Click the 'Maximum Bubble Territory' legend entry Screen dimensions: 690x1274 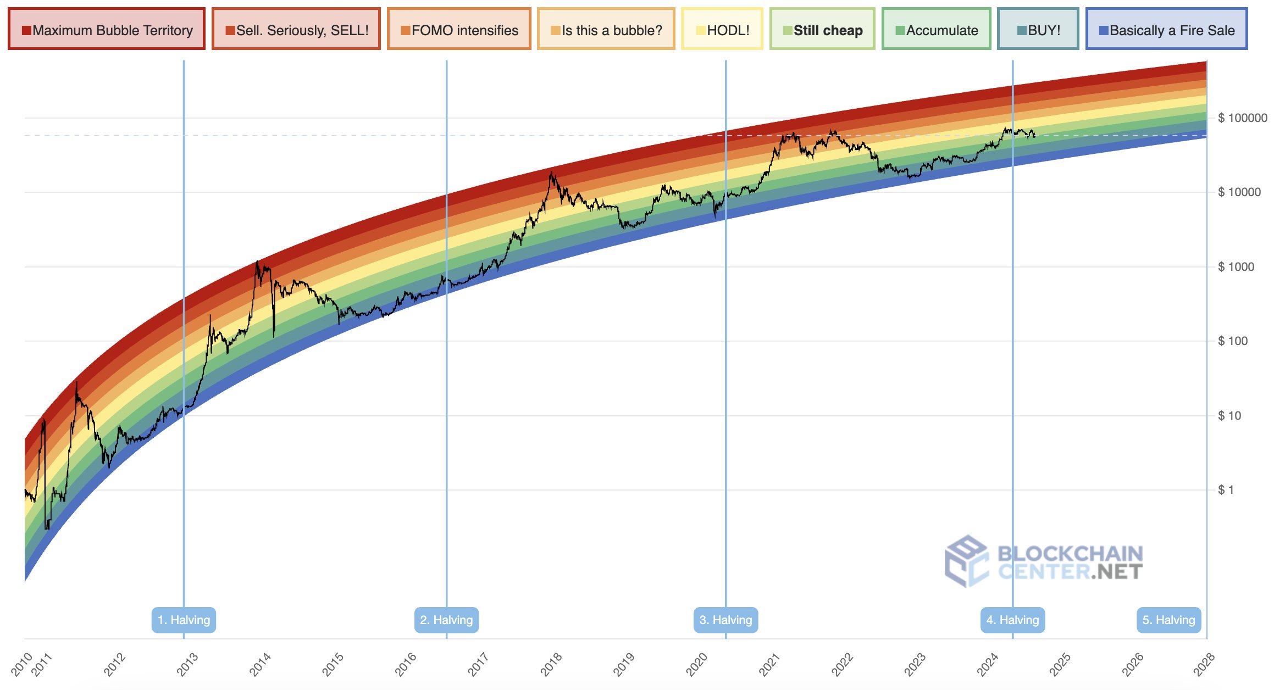[107, 30]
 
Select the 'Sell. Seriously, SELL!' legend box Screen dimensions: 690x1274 [296, 30]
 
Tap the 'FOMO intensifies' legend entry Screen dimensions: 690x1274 [459, 30]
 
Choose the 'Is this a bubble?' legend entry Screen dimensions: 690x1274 [606, 30]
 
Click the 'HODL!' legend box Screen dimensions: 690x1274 [722, 30]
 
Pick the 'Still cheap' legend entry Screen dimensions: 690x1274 [822, 30]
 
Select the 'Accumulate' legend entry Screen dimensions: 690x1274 [936, 30]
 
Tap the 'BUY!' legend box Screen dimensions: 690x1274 [1038, 30]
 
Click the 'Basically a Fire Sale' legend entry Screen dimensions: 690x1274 [1166, 30]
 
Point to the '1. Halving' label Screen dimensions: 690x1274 [184, 620]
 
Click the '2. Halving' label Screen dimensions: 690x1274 [446, 620]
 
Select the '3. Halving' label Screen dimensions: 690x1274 [725, 620]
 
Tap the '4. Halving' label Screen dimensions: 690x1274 [1012, 620]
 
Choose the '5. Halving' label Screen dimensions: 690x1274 [1168, 620]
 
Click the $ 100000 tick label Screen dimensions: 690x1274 [1242, 118]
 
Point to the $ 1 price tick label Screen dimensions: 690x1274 [1226, 489]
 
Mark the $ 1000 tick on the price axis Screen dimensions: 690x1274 [1236, 266]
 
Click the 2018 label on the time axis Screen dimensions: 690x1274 [551, 664]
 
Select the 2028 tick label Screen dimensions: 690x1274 [1204, 664]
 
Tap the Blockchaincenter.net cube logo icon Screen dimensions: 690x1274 [966, 561]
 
